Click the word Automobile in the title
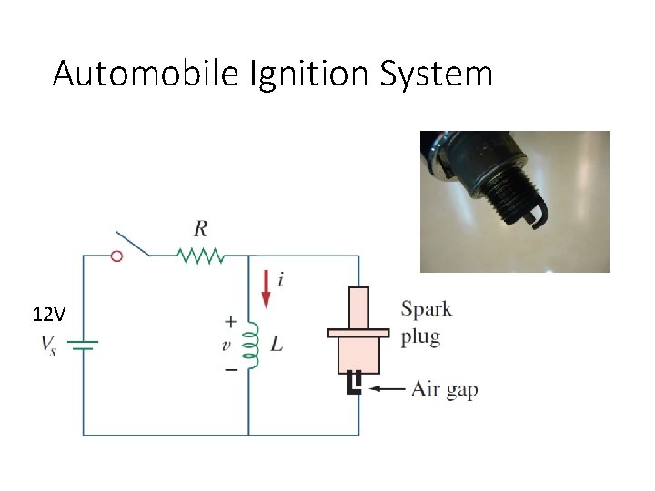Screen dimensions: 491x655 coord(146,74)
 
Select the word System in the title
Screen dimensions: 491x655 coord(438,74)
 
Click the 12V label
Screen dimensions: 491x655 coord(48,316)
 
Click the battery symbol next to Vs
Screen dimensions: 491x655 coord(85,345)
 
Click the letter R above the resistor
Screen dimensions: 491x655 coord(200,228)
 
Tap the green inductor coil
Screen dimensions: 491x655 coord(254,345)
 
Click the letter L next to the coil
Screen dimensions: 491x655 coord(277,345)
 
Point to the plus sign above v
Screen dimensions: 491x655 coord(231,322)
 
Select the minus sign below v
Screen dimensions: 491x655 coord(231,369)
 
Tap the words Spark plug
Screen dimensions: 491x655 coord(427,323)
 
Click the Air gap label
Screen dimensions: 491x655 coord(445,390)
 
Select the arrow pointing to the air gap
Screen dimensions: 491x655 coord(387,390)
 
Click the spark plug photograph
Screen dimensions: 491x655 coord(514,201)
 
